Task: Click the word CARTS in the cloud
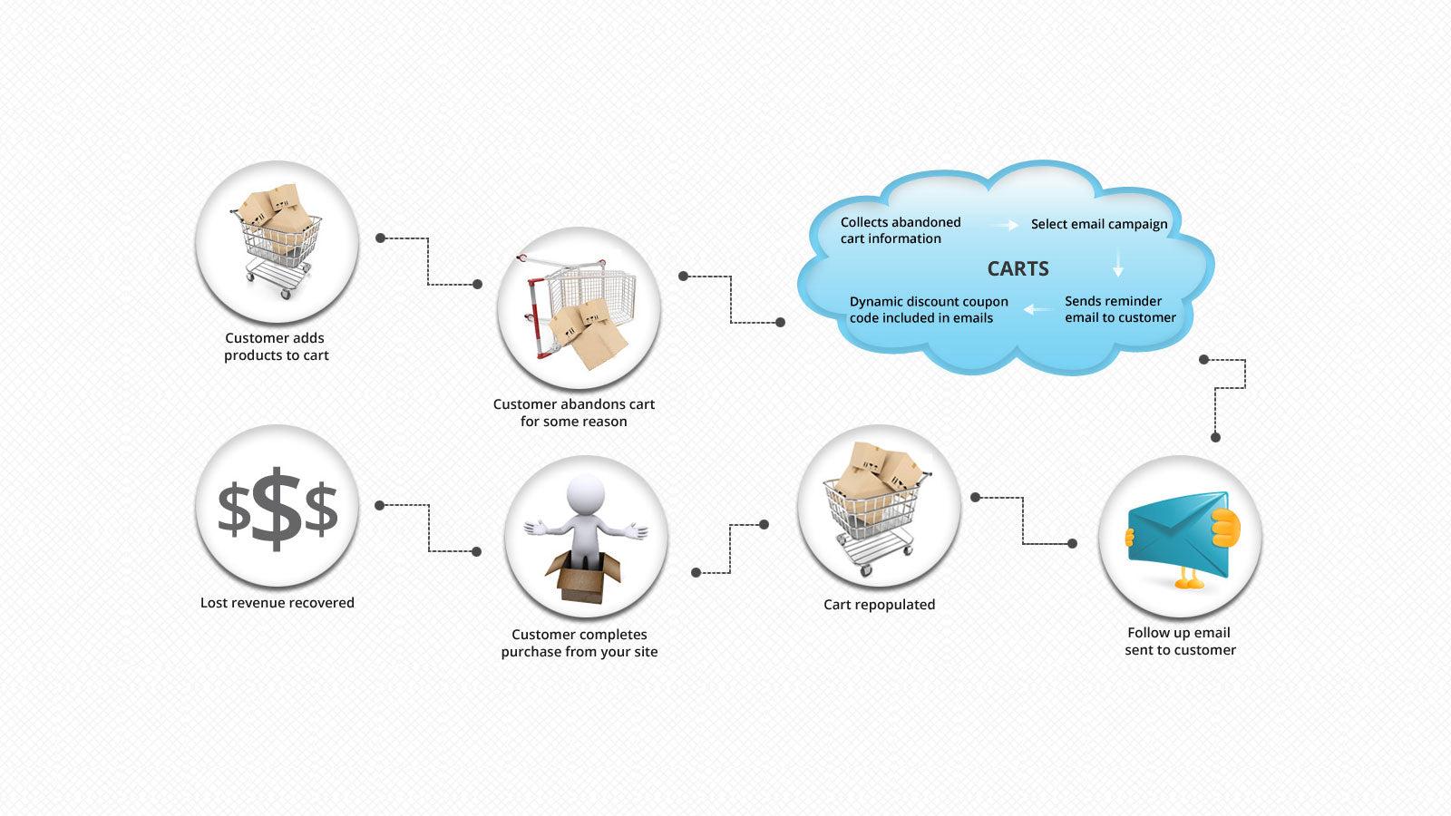click(x=1018, y=268)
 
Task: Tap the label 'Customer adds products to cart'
click(x=276, y=346)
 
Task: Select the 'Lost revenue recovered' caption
click(x=277, y=603)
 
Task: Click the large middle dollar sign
click(x=276, y=509)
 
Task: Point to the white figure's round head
click(x=585, y=494)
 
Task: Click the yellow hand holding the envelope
click(x=1223, y=527)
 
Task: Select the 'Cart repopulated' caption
click(x=879, y=605)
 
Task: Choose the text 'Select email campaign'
click(x=1099, y=224)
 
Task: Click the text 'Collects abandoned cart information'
click(x=900, y=230)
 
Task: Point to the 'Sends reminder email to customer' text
click(x=1120, y=309)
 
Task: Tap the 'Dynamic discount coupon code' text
click(x=928, y=309)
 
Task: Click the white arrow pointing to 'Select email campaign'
click(x=1004, y=225)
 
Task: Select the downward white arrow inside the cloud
click(x=1118, y=265)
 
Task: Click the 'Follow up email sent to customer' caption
click(x=1180, y=641)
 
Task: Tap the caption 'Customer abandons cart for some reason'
click(x=574, y=413)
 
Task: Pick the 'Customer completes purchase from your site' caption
click(x=579, y=643)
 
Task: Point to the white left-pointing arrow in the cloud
click(x=1037, y=310)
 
